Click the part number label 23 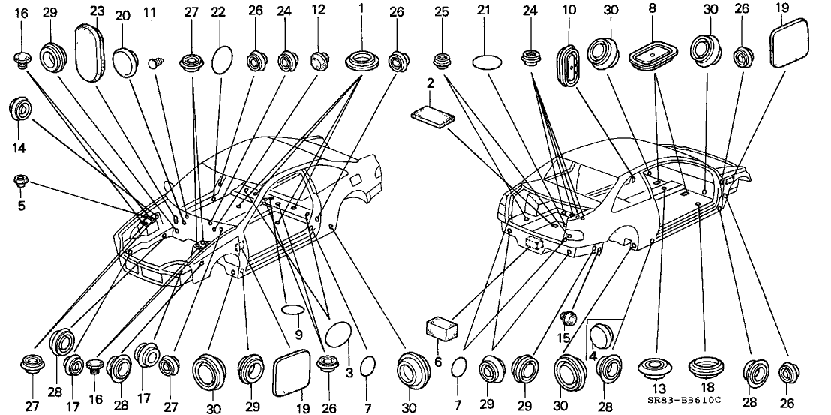[97, 11]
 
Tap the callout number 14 [19, 149]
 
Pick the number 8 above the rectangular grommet [651, 12]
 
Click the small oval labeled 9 [293, 310]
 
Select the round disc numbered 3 [338, 332]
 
